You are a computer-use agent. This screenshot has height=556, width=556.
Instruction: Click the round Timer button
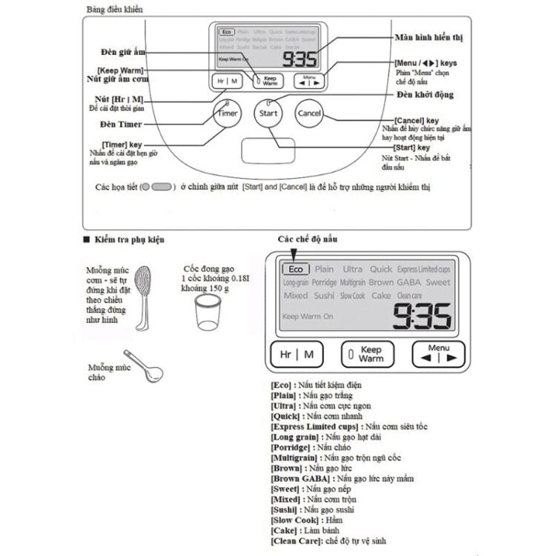click(227, 113)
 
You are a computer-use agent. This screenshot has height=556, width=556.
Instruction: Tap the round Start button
click(268, 113)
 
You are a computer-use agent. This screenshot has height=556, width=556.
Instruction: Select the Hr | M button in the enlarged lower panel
click(297, 354)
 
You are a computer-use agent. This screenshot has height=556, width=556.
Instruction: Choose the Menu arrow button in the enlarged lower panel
click(438, 354)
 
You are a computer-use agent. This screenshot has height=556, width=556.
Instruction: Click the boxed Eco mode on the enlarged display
click(296, 269)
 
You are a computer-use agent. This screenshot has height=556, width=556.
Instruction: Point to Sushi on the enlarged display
click(323, 295)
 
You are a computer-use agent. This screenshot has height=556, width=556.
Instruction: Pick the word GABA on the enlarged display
click(409, 282)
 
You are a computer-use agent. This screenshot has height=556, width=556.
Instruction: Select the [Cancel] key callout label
click(417, 119)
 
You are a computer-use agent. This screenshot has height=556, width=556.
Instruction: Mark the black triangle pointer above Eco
click(285, 257)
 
